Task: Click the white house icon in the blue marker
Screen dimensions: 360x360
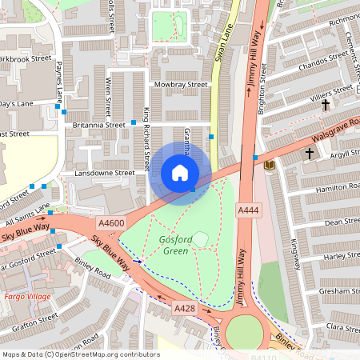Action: coord(180,173)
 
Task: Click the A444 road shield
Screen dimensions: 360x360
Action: coord(247,209)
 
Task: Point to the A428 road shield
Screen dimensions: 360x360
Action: coord(185,307)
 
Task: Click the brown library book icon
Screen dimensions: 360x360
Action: coord(269,164)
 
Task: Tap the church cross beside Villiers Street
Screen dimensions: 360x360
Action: coord(326,105)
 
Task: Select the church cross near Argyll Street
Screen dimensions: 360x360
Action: coord(310,152)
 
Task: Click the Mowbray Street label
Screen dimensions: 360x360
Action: coord(181,84)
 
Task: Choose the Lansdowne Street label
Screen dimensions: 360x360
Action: coord(104,172)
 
